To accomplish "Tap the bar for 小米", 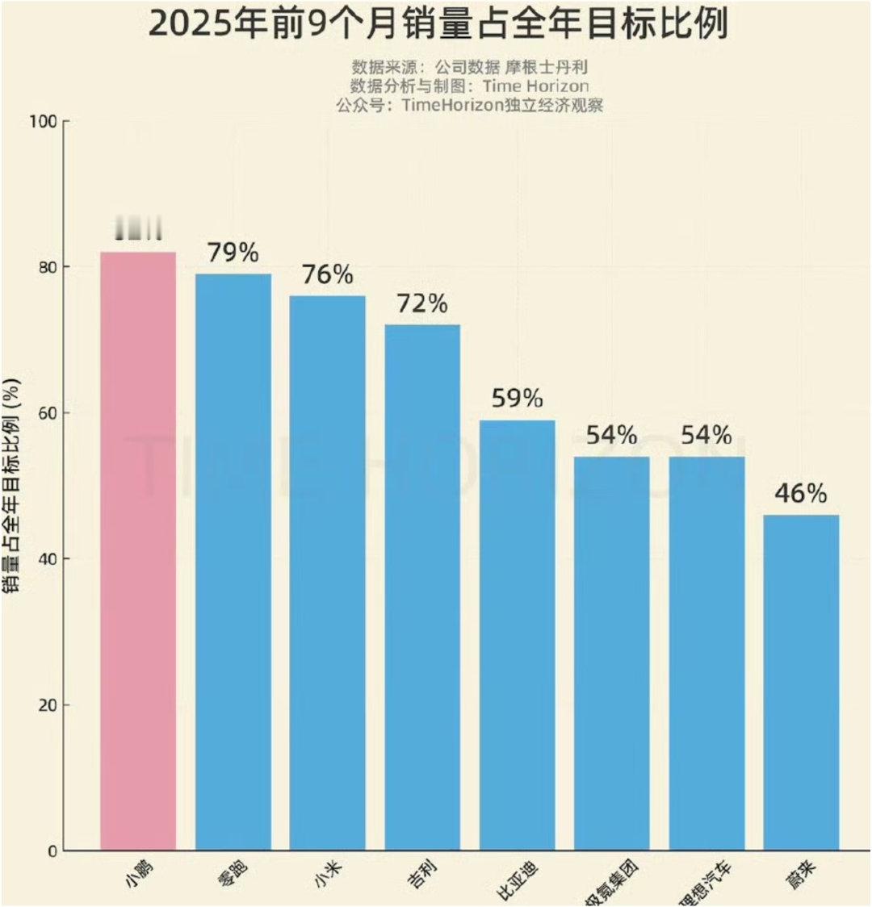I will click(328, 573).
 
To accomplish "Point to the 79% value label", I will click(233, 253).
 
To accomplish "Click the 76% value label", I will click(328, 275).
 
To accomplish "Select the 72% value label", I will click(422, 304).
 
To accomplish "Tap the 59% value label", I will click(518, 399).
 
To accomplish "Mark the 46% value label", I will click(801, 494).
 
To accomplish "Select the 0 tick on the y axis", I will click(51, 851).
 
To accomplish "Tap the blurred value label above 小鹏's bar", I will click(138, 229).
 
